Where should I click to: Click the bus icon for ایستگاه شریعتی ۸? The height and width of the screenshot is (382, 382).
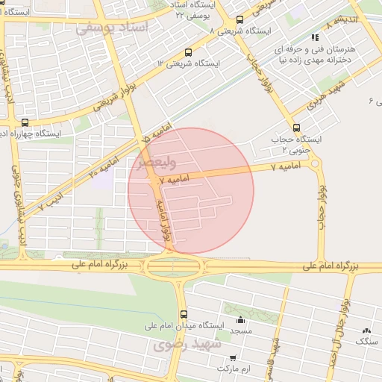tap(239, 20)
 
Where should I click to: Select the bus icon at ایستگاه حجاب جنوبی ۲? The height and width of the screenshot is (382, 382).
tap(297, 128)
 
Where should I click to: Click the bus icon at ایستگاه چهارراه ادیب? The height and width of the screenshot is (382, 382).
tap(25, 122)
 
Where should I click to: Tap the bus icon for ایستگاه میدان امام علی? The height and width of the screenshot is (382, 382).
tap(184, 314)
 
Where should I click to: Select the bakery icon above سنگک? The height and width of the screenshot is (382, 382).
tap(366, 331)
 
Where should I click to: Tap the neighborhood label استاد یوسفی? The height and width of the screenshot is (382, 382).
tap(113, 27)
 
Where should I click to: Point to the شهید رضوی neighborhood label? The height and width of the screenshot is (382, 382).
tap(184, 345)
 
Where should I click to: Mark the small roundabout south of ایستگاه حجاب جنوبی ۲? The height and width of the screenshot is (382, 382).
tap(316, 163)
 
